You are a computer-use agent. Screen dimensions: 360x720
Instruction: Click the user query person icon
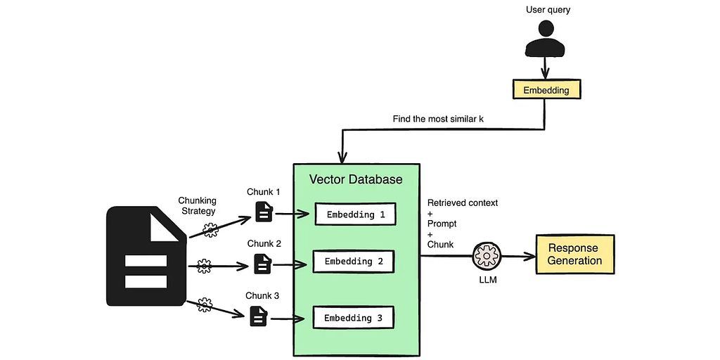[x=546, y=39]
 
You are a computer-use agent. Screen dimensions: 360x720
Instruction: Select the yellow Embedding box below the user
[x=546, y=90]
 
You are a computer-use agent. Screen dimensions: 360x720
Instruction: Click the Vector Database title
[x=356, y=179]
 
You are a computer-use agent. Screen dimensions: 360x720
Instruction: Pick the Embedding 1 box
[x=356, y=214]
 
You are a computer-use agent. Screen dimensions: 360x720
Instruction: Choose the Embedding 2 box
[x=354, y=262]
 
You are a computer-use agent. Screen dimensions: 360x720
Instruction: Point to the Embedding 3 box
[x=353, y=318]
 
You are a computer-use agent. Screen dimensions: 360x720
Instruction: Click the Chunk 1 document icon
[x=264, y=212]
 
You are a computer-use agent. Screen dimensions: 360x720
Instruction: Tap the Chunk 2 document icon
[x=262, y=264]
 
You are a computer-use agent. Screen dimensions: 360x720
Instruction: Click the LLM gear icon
[x=486, y=256]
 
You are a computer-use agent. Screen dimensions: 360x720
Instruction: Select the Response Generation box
[x=575, y=255]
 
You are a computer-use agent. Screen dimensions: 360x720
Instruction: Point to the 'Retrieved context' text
[x=463, y=203]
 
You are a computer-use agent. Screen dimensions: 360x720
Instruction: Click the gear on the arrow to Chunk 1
[x=210, y=229]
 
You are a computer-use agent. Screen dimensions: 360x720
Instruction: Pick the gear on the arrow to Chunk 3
[x=205, y=304]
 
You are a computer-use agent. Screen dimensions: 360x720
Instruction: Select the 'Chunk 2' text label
[x=264, y=243]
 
